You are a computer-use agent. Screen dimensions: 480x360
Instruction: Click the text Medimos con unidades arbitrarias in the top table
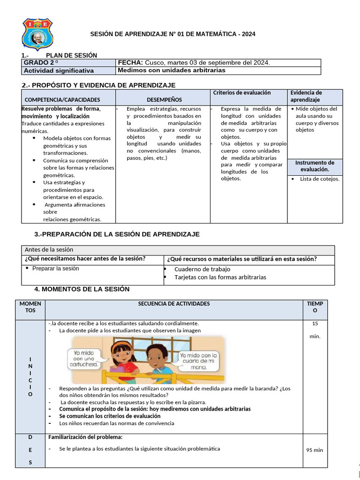tap(172, 70)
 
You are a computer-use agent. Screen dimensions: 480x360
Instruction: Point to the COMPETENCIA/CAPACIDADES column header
tap(62, 100)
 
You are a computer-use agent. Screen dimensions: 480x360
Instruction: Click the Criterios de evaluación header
tap(242, 93)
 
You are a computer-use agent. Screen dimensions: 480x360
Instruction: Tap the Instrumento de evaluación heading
tap(315, 166)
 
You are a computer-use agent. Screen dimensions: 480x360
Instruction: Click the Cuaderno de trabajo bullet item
tap(202, 269)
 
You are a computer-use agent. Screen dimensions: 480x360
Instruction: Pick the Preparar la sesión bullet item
tap(55, 269)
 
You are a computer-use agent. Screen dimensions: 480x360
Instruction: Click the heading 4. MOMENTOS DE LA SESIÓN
tap(82, 289)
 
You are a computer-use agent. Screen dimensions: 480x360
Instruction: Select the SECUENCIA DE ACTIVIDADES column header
tap(174, 304)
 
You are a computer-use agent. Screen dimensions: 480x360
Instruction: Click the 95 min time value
tap(315, 450)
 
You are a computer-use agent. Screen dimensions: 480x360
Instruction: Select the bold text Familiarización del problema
tap(85, 437)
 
